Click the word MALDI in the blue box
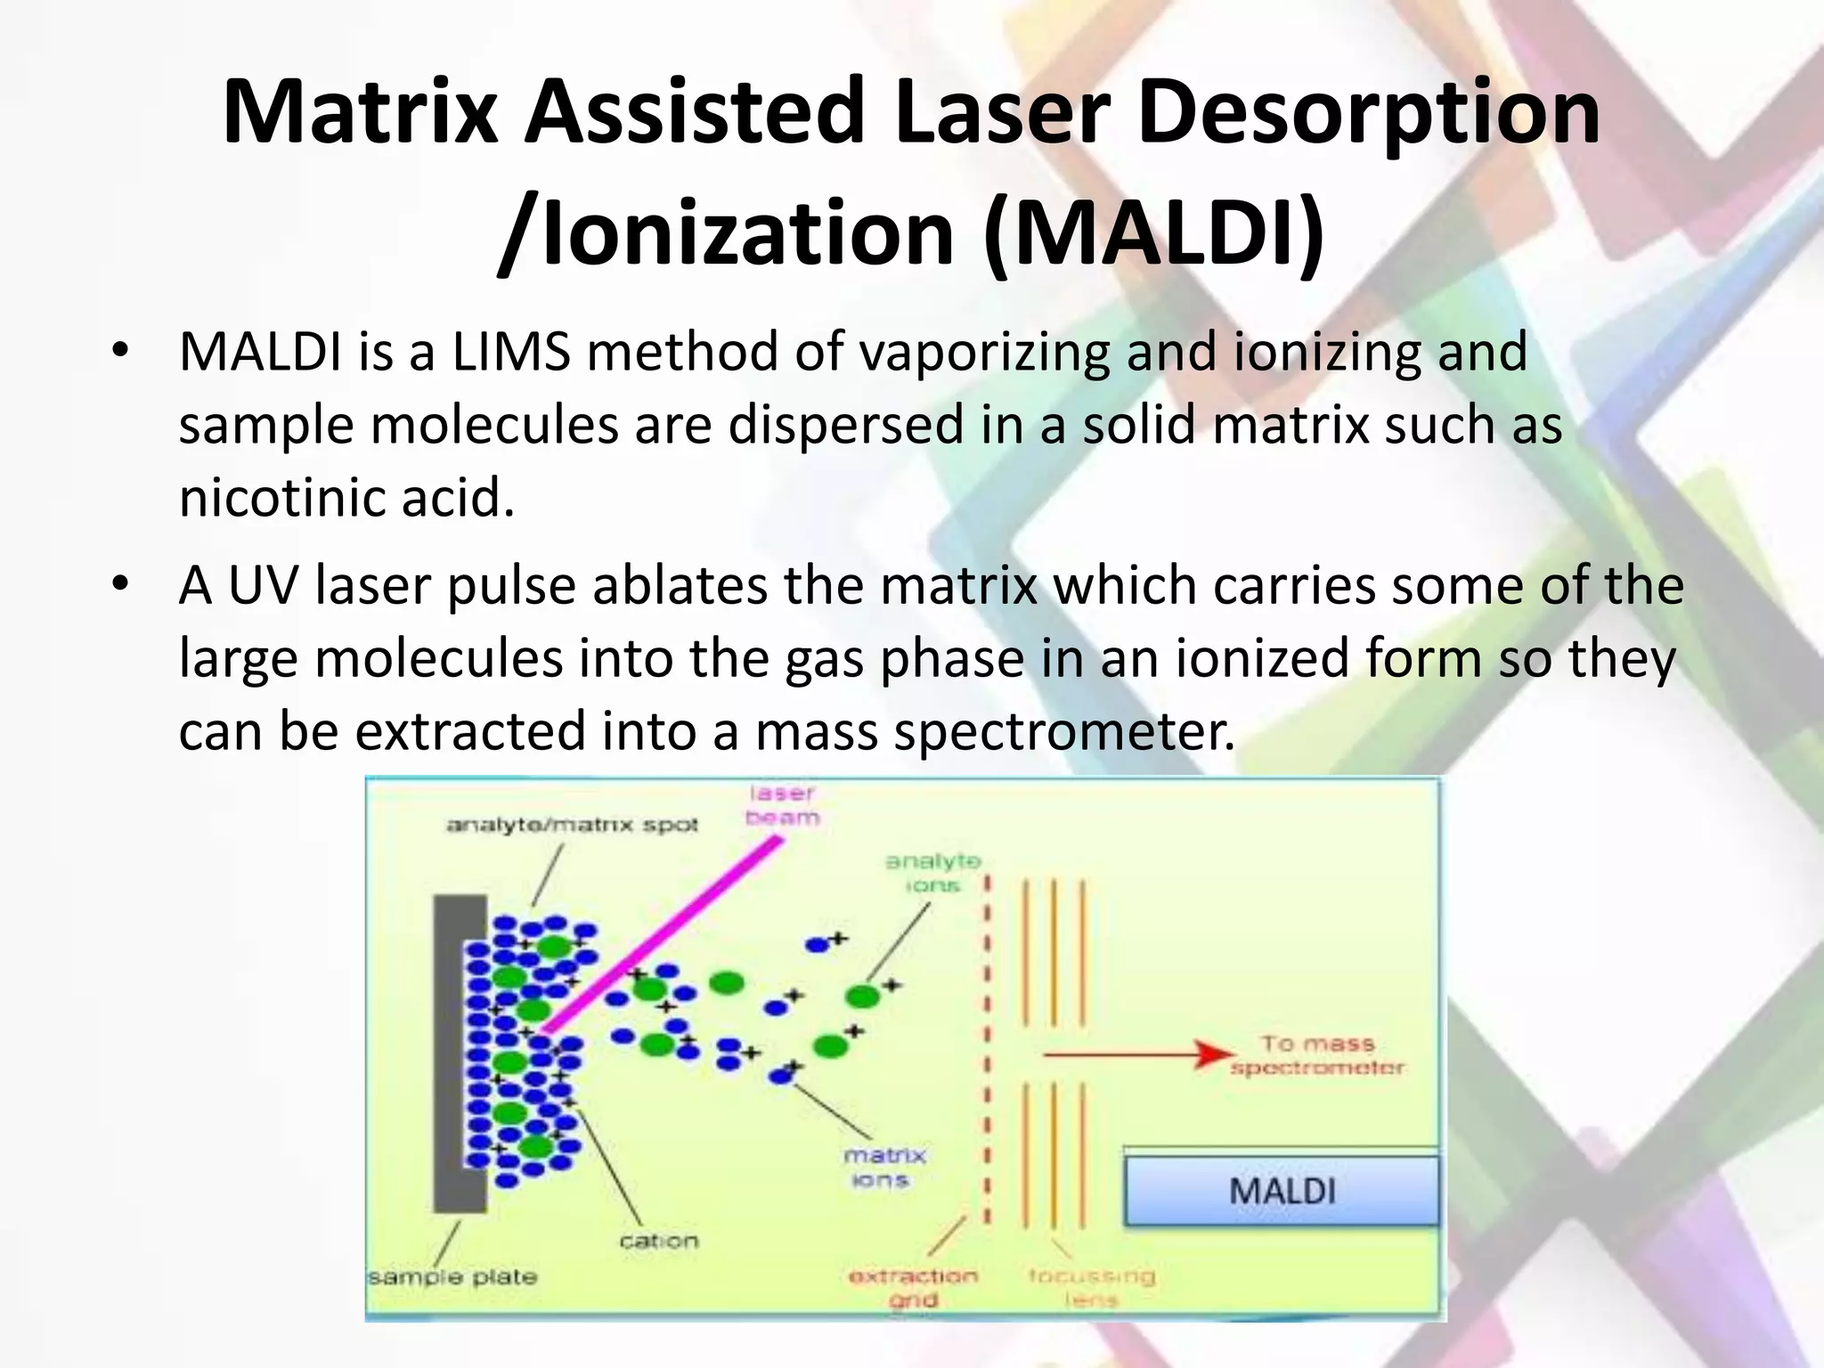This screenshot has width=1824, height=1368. [1282, 1191]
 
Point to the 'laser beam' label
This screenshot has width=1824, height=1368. [782, 805]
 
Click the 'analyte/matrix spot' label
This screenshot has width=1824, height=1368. [572, 825]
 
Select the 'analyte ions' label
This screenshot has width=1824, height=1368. [932, 873]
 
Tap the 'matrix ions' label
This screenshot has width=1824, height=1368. [883, 1168]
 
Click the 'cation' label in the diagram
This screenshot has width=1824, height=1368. [658, 1241]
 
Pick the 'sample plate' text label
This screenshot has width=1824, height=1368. [453, 1276]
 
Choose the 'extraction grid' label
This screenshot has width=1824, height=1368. [913, 1288]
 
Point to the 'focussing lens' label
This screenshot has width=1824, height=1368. [1091, 1288]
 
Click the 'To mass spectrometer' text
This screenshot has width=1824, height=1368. [1316, 1054]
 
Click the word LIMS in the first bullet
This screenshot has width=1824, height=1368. [510, 351]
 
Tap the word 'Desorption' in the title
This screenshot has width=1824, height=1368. [1368, 112]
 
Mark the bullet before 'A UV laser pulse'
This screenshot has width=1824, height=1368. [120, 585]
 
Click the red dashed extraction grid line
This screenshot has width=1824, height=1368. [987, 1051]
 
